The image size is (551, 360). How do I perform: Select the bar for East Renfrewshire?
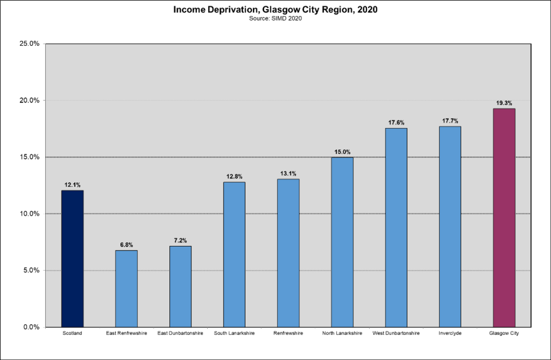[x=126, y=288]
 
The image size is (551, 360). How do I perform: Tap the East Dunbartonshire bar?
[x=181, y=286]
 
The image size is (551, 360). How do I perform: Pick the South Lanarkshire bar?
[x=234, y=254]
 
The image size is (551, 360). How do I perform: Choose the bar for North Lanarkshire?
[x=342, y=242]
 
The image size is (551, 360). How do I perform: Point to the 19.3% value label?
[x=504, y=103]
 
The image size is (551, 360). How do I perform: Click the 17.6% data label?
[x=396, y=122]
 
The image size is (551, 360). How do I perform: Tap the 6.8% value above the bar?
[x=126, y=245]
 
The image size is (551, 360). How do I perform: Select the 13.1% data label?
[x=288, y=174]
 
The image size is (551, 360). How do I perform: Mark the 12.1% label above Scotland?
[x=72, y=185]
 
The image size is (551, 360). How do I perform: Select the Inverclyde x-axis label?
[x=450, y=333]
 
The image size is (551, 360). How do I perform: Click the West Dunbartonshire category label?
[x=396, y=333]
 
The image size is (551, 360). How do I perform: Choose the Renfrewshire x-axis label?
[x=288, y=333]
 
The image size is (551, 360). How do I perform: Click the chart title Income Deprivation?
[x=275, y=10]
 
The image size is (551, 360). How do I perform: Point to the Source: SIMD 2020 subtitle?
[x=275, y=19]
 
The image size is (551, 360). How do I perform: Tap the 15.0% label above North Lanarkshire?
[x=342, y=152]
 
